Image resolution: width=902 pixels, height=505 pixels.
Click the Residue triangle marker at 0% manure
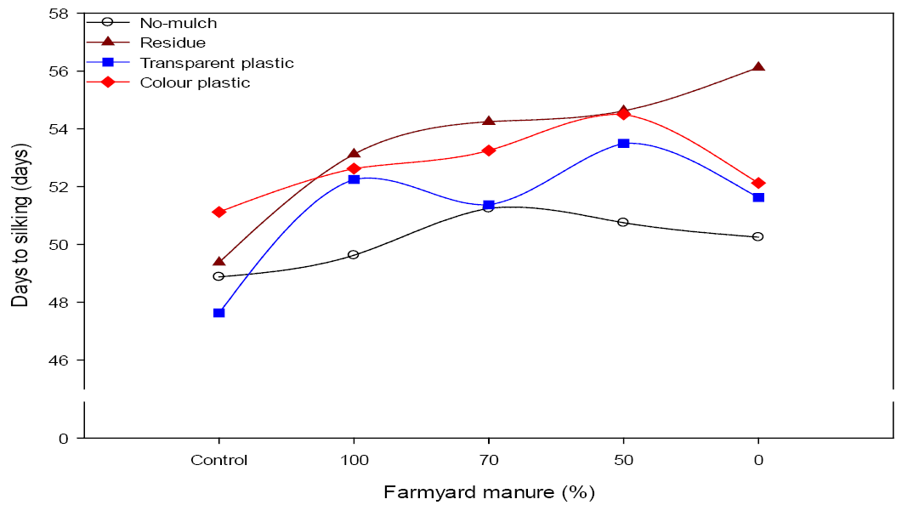pyautogui.click(x=758, y=67)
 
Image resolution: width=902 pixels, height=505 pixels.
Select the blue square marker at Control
pyautogui.click(x=218, y=313)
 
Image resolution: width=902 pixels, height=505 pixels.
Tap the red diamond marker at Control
pyautogui.click(x=218, y=213)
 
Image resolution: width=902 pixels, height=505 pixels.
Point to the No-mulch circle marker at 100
pyautogui.click(x=353, y=254)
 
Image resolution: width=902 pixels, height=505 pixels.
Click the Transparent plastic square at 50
pyautogui.click(x=623, y=143)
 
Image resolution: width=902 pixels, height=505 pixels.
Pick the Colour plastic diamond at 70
pyautogui.click(x=488, y=150)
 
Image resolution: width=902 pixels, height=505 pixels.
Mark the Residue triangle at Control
pyautogui.click(x=218, y=262)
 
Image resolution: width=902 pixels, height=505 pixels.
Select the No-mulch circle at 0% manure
pyautogui.click(x=757, y=236)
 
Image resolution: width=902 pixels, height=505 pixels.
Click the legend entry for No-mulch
pyautogui.click(x=179, y=23)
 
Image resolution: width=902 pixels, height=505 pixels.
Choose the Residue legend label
pyautogui.click(x=173, y=43)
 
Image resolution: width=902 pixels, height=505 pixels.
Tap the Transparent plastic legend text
pyautogui.click(x=217, y=63)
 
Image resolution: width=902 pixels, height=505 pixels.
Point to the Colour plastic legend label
pyautogui.click(x=195, y=82)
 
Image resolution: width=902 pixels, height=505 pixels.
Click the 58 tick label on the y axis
pyautogui.click(x=59, y=14)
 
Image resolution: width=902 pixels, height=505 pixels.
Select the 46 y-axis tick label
pyautogui.click(x=59, y=360)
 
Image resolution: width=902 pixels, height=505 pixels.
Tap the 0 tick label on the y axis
pyautogui.click(x=63, y=439)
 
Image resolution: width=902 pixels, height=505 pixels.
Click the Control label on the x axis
pyautogui.click(x=218, y=460)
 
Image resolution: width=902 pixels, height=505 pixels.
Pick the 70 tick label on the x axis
pyautogui.click(x=488, y=460)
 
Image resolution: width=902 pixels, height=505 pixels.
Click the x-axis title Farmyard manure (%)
pyautogui.click(x=489, y=492)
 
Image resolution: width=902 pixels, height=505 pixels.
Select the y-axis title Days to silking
pyautogui.click(x=20, y=225)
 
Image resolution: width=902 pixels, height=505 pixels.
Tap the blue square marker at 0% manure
pyautogui.click(x=758, y=197)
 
